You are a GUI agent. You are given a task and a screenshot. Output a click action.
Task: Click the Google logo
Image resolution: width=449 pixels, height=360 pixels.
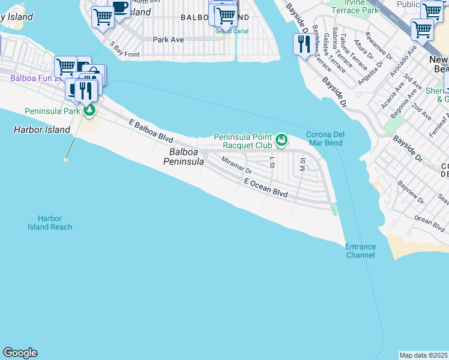(20, 353)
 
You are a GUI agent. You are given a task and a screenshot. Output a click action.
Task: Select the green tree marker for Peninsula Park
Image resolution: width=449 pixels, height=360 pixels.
(89, 110)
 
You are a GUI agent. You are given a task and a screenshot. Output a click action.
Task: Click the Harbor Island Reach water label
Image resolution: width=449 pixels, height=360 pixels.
(50, 223)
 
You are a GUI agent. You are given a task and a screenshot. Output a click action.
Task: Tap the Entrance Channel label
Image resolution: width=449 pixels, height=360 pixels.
(360, 251)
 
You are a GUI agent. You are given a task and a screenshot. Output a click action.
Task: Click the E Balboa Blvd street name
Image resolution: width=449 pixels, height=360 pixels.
(151, 130)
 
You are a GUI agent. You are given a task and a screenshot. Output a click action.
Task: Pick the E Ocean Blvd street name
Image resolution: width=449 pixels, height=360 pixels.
(266, 188)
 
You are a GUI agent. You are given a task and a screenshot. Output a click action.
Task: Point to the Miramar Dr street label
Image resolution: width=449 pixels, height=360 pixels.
(236, 166)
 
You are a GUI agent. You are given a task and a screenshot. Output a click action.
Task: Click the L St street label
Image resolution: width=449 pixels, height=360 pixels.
(273, 162)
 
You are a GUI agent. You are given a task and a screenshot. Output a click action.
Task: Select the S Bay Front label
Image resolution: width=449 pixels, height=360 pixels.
(124, 49)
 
